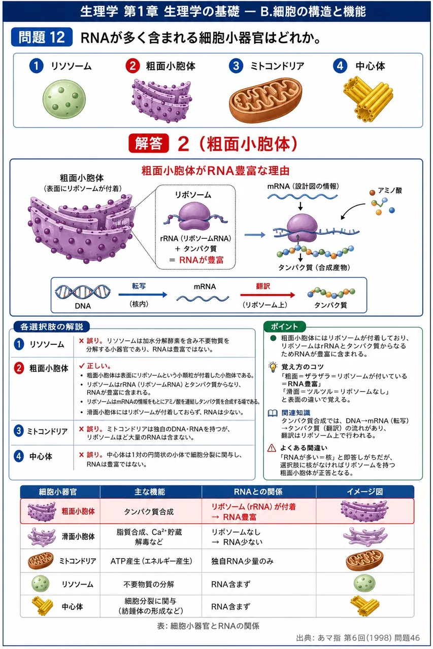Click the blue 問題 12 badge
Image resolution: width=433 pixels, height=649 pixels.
pyautogui.click(x=42, y=37)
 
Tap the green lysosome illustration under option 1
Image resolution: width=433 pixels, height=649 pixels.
pyautogui.click(x=64, y=99)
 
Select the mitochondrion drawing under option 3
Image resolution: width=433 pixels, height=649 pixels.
pyautogui.click(x=265, y=100)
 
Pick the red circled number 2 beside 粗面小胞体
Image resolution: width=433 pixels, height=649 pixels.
pyautogui.click(x=132, y=66)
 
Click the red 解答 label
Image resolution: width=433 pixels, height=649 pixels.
pyautogui.click(x=149, y=143)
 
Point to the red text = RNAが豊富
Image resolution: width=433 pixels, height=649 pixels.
pyautogui.click(x=196, y=260)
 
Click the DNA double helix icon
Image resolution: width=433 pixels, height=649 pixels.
pyautogui.click(x=83, y=292)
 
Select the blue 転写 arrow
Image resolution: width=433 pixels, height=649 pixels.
pyautogui.click(x=143, y=295)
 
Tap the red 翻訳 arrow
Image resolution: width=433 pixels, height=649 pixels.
pyautogui.click(x=268, y=295)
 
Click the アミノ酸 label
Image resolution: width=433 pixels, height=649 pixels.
pyautogui.click(x=389, y=191)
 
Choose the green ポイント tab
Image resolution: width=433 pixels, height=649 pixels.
pyautogui.click(x=284, y=327)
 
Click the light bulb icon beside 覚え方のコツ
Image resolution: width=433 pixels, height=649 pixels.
pyautogui.click(x=273, y=367)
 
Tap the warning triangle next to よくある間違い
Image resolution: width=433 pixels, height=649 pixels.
pyautogui.click(x=272, y=448)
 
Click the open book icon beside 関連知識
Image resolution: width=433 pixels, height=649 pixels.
pyautogui.click(x=273, y=413)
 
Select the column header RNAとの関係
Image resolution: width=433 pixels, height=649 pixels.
pyautogui.click(x=258, y=492)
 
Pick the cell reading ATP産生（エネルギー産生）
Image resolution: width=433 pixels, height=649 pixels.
pyautogui.click(x=151, y=561)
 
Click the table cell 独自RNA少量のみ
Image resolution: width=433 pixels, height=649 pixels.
pyautogui.click(x=242, y=561)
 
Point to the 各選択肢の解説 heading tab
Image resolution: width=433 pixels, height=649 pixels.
pyautogui.click(x=52, y=327)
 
